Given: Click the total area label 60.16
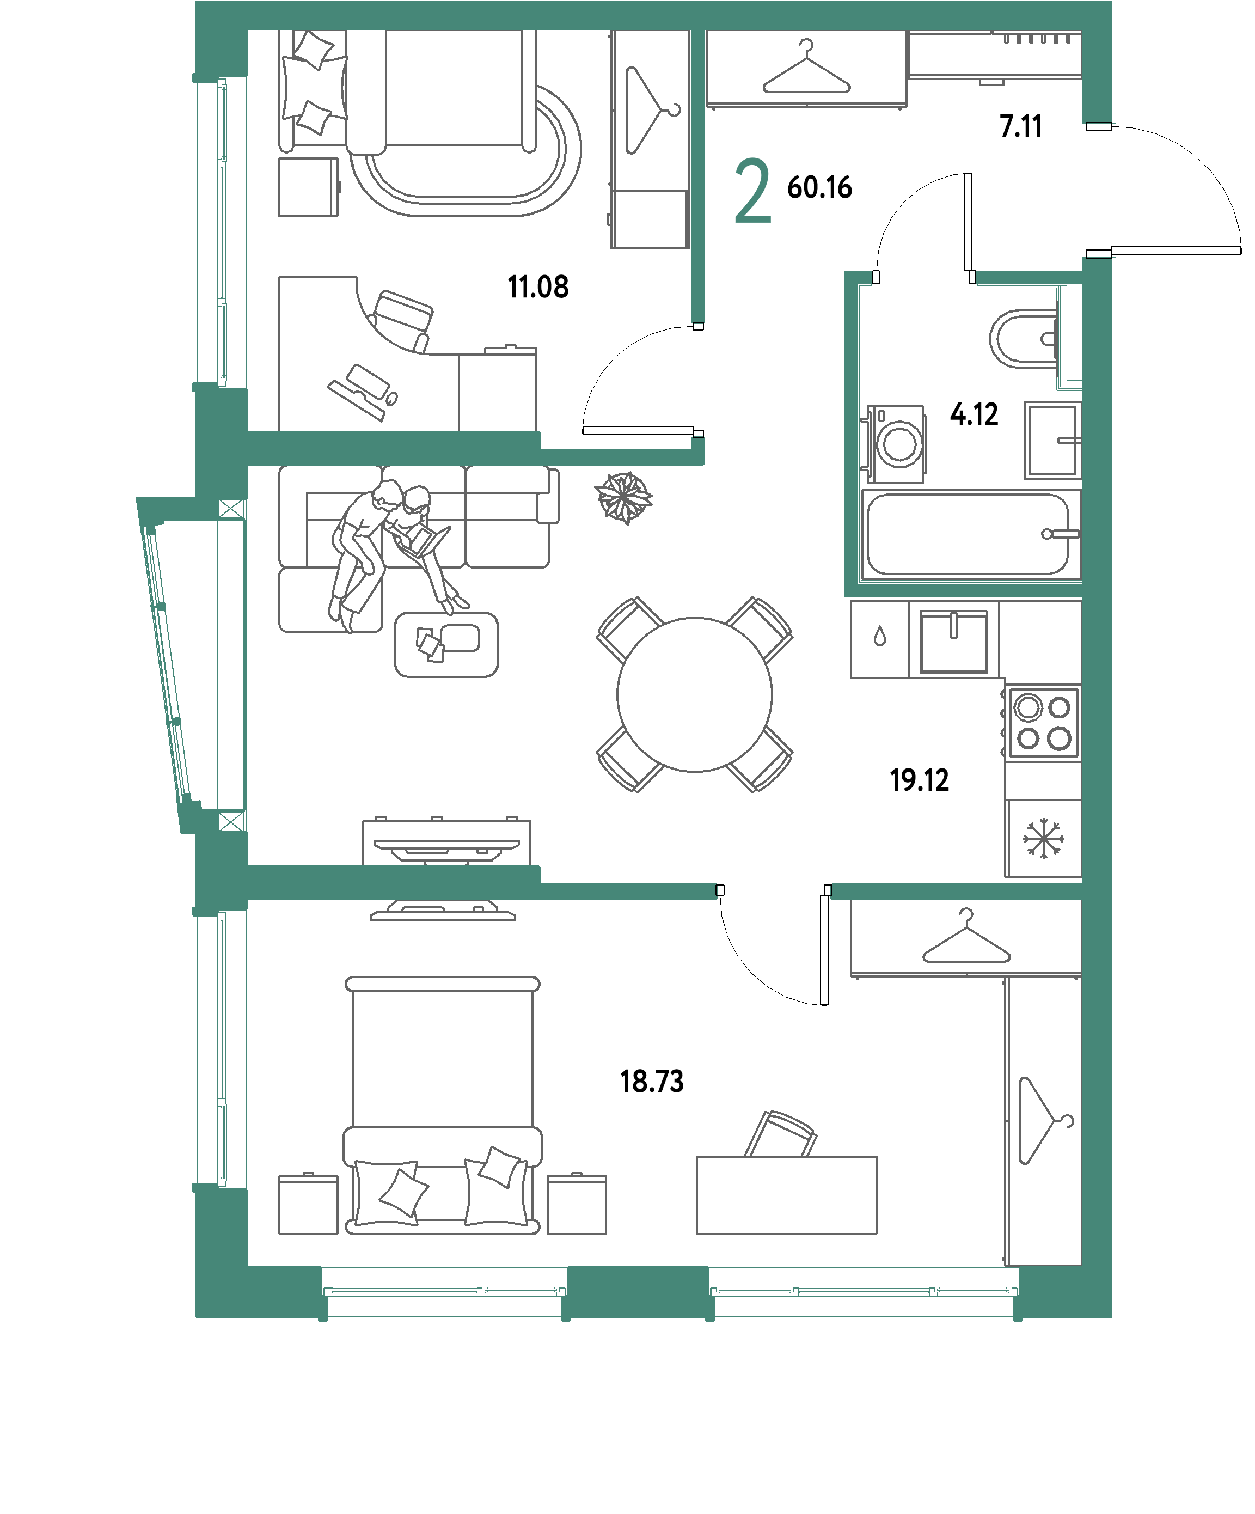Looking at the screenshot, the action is [x=819, y=187].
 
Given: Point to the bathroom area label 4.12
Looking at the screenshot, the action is [x=974, y=414].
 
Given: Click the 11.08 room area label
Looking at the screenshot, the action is [x=538, y=287].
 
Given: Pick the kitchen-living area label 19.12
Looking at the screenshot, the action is [x=919, y=780].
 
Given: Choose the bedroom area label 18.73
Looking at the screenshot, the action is [x=652, y=1082].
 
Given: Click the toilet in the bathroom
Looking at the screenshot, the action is [x=1024, y=338].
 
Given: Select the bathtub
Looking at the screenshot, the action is [x=970, y=534].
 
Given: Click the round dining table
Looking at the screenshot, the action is [x=694, y=694].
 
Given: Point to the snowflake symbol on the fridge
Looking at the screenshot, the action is [x=1042, y=839].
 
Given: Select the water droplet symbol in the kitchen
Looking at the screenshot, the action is [x=879, y=637].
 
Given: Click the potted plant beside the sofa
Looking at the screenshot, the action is [x=623, y=497].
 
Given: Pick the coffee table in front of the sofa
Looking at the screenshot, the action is [x=446, y=644].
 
